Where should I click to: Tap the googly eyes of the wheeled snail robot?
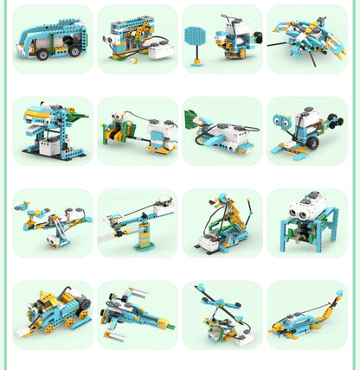[x=286, y=123]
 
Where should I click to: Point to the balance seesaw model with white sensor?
[x=52, y=222]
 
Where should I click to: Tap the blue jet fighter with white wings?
[x=136, y=314]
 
